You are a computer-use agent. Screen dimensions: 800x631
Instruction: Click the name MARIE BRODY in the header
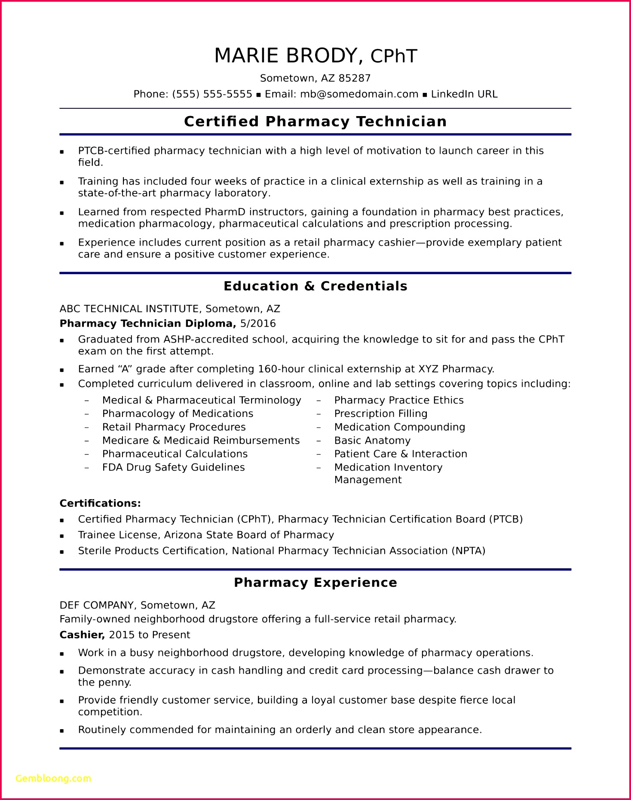point(285,56)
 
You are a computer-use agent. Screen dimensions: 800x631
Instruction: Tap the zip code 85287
point(354,78)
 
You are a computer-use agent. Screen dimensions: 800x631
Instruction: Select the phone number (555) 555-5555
point(212,94)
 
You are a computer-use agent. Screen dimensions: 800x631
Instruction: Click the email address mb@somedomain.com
point(359,94)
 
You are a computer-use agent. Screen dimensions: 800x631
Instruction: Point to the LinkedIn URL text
point(464,94)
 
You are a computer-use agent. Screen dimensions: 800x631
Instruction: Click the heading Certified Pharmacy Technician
point(315,122)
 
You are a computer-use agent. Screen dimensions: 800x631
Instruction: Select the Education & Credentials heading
point(315,286)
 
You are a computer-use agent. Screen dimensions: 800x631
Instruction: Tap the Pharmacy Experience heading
point(315,583)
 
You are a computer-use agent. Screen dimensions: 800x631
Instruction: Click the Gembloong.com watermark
point(53,779)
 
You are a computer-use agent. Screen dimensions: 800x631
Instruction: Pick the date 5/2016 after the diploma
point(258,324)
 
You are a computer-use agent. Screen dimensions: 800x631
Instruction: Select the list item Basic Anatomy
point(372,441)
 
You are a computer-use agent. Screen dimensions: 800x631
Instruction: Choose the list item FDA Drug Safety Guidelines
point(173,467)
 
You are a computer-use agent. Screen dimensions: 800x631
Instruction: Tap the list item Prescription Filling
point(381,414)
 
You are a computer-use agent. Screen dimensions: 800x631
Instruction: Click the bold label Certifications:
point(100,503)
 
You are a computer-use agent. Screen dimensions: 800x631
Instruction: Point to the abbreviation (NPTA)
point(468,551)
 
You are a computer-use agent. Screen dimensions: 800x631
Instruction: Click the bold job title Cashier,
point(82,635)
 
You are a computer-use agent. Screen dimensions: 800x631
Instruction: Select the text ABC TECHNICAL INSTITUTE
point(129,309)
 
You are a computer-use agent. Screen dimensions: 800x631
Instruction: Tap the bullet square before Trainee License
point(62,536)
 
